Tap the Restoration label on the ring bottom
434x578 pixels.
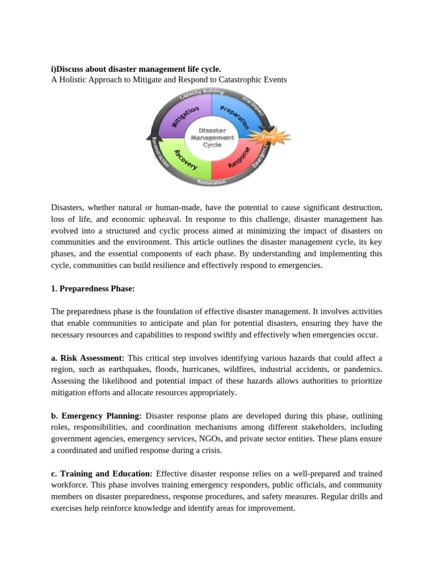pos(211,182)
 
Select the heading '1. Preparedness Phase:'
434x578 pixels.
pos(93,288)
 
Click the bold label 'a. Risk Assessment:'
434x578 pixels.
pos(88,358)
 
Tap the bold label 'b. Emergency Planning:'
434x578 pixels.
pos(96,415)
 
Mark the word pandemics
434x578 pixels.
pos(363,369)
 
